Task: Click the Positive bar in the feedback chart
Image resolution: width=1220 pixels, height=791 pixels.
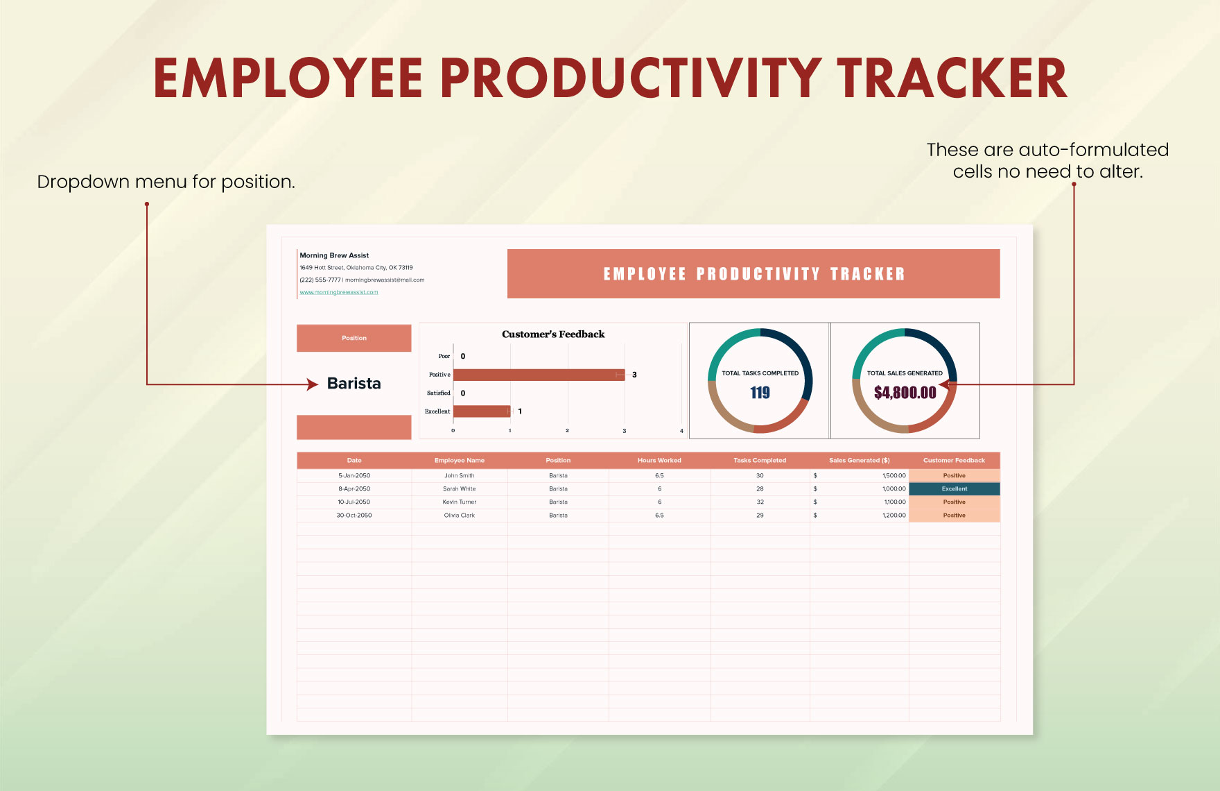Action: tap(539, 375)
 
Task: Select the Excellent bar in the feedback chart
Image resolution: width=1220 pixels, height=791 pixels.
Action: tap(482, 411)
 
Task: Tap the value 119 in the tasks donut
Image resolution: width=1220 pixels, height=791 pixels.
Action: tap(760, 393)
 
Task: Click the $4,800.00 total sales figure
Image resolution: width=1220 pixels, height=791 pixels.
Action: tap(905, 393)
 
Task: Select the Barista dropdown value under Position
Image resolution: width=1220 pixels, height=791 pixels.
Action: tap(354, 384)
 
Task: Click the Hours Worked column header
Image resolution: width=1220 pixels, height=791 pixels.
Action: tap(659, 461)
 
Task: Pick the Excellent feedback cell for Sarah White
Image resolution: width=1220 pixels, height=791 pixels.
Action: tap(954, 489)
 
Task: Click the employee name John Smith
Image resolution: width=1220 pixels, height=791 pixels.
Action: tap(459, 476)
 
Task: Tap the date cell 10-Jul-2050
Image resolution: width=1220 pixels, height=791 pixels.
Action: tap(354, 502)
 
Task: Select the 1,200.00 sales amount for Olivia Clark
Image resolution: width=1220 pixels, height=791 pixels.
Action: tap(894, 516)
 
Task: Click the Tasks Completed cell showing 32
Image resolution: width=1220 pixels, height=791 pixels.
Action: tap(760, 502)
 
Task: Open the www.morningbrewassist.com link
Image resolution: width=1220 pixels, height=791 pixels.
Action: tap(339, 292)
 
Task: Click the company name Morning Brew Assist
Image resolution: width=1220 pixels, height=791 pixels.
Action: tap(334, 255)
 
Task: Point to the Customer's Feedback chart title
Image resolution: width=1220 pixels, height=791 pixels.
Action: tap(553, 334)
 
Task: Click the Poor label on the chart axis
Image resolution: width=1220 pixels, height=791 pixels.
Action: tap(444, 357)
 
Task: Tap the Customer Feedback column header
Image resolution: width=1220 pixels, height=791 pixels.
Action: tap(954, 461)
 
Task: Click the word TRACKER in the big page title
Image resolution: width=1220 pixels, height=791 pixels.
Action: tap(952, 78)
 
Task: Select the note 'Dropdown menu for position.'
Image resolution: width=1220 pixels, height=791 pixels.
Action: tap(166, 182)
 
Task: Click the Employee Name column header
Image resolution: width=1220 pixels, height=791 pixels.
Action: tap(459, 461)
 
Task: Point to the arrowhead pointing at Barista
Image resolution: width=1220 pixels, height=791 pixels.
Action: tap(313, 384)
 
